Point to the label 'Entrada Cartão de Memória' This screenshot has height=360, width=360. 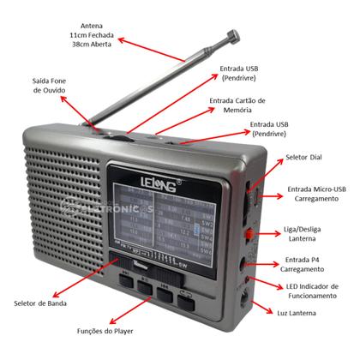click(x=237, y=106)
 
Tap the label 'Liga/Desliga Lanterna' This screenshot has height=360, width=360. click(x=316, y=235)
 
